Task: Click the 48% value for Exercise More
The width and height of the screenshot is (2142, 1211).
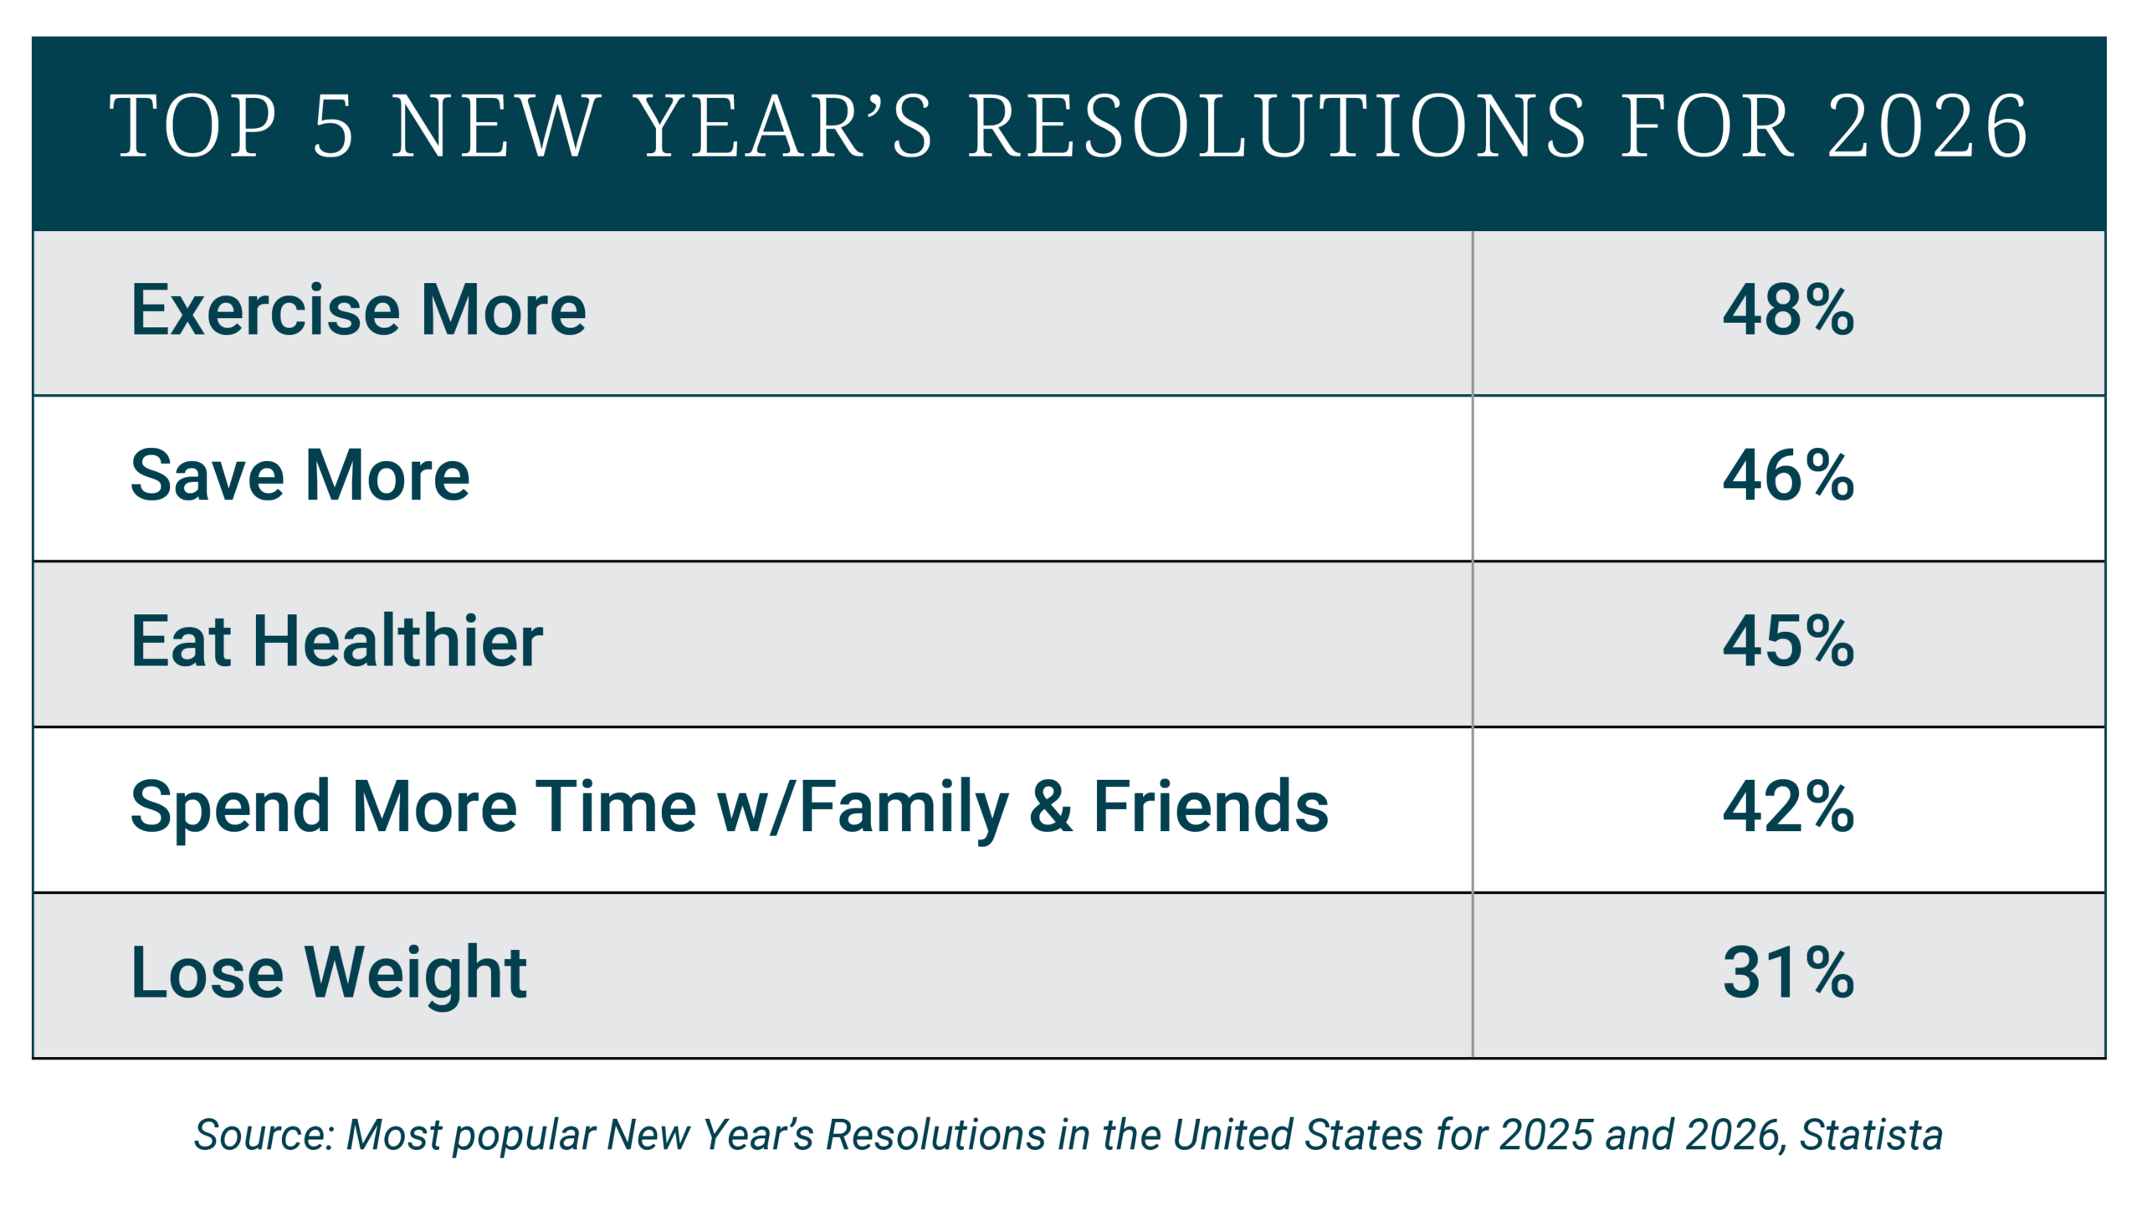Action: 1788,310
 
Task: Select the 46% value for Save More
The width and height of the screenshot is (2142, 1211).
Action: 1788,476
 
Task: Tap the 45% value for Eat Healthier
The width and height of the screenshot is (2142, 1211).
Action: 1788,642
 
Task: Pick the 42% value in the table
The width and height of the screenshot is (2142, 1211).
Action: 1788,808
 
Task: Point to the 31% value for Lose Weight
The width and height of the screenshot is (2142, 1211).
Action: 1788,973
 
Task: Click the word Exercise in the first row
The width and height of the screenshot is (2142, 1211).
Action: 266,310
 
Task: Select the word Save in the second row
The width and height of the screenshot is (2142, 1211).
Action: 208,475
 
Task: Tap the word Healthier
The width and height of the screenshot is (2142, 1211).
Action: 397,640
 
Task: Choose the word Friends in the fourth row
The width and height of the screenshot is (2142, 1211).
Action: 1211,807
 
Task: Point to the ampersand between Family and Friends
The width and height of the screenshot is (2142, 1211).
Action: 1051,808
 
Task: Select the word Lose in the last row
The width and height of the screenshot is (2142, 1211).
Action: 208,972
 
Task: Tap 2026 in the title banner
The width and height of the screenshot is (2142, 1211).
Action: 1927,126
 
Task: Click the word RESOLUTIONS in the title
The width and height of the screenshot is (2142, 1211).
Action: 1276,126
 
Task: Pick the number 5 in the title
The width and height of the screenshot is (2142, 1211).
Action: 333,126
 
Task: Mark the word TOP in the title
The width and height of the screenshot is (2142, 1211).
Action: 192,126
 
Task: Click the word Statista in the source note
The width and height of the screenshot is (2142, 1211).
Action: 1871,1136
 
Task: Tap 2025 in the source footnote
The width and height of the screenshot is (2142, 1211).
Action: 1546,1136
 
